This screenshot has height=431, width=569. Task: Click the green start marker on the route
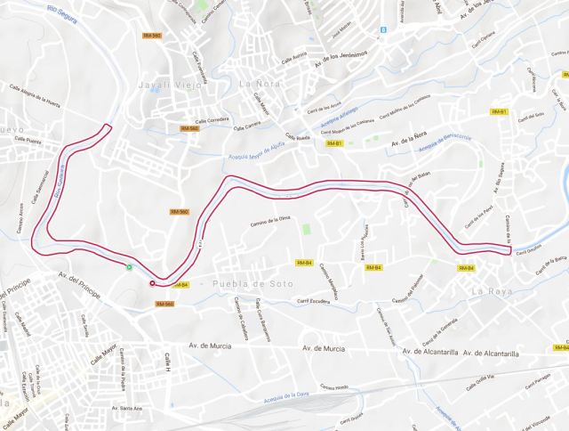130,266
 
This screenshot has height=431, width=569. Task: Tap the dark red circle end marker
152,284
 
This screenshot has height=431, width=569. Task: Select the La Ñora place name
258,85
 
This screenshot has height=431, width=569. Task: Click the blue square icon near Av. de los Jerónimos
383,29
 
